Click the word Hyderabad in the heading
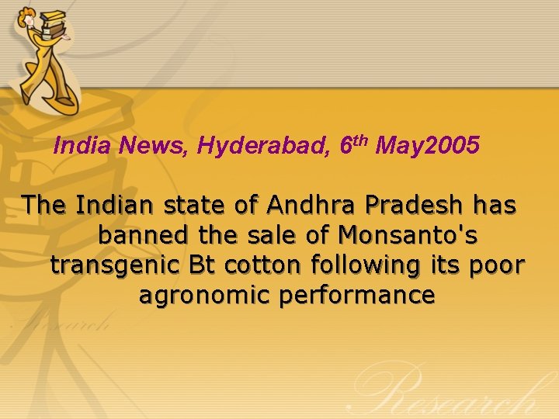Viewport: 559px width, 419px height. (264, 146)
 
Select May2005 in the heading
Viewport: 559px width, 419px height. (428, 146)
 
